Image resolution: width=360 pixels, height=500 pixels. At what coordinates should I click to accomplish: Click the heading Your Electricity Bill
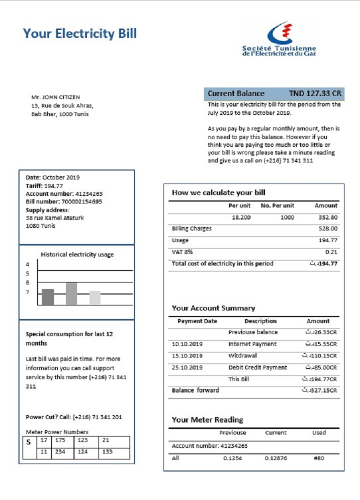coord(79,33)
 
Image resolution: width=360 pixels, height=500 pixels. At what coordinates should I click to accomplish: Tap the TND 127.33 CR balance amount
coord(315,93)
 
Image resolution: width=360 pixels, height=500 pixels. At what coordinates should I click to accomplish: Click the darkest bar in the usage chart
coord(48,297)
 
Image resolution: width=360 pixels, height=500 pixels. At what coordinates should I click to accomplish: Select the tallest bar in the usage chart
coord(71,293)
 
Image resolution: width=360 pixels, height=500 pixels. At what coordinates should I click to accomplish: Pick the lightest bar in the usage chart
coord(95,297)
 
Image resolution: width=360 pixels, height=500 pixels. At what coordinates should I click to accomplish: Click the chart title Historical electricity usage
coord(77,254)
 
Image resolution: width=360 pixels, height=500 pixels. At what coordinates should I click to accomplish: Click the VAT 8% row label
coord(182,252)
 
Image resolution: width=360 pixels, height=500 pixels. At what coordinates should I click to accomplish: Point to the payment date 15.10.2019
coord(187,356)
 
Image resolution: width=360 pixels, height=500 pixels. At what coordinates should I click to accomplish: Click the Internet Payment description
coord(252,344)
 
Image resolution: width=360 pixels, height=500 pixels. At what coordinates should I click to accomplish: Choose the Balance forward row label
coord(195,390)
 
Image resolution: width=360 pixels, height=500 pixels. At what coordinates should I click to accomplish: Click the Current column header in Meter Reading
coord(275,433)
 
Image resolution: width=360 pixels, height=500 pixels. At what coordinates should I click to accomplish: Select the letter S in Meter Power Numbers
coord(28,442)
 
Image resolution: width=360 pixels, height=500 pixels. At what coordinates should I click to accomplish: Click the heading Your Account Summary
coord(213,308)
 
